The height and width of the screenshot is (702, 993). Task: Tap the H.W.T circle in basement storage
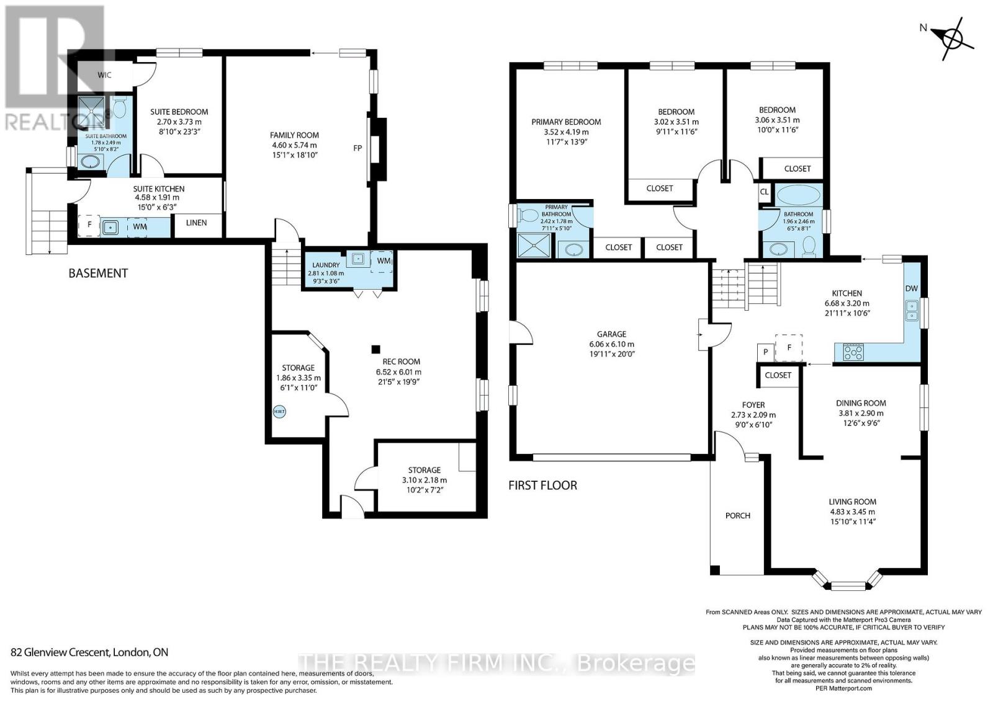(x=279, y=411)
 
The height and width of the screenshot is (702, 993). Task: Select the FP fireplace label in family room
(x=357, y=148)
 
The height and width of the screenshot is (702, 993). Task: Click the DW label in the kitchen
(x=911, y=288)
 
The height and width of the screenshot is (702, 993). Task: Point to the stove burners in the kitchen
(x=853, y=352)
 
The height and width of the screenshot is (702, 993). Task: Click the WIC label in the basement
(x=104, y=75)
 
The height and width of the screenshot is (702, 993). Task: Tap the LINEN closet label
(x=196, y=223)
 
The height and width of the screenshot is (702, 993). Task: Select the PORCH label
(x=737, y=515)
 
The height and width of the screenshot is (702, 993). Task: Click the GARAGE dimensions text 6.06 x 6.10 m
(x=611, y=344)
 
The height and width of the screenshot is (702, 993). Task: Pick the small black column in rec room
(x=375, y=349)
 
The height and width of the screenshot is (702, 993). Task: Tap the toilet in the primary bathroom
(x=529, y=215)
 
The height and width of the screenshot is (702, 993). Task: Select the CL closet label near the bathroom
(x=764, y=192)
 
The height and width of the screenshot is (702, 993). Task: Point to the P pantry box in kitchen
(x=765, y=352)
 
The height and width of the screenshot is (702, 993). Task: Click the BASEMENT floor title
(x=98, y=273)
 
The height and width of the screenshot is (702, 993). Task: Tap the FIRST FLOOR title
(x=542, y=485)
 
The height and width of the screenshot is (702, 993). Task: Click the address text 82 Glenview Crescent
(x=89, y=652)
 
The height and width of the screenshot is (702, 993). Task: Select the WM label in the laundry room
(x=383, y=260)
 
